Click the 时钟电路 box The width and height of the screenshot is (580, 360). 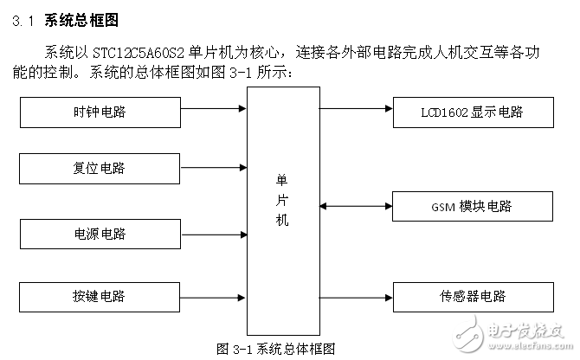[x=99, y=112]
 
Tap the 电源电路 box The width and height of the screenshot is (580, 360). [x=99, y=235]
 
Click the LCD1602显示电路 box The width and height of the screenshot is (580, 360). [x=471, y=112]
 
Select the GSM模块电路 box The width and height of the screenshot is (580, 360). [x=471, y=207]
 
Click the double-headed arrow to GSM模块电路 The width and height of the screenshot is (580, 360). [x=355, y=206]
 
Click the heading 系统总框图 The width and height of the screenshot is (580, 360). [x=81, y=19]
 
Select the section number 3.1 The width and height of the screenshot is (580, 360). [x=24, y=20]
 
